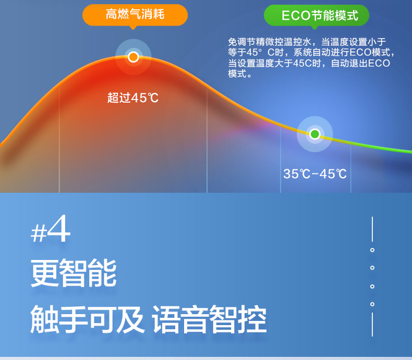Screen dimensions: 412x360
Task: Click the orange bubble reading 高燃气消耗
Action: [x=135, y=15]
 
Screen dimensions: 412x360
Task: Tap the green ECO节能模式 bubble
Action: [x=317, y=15]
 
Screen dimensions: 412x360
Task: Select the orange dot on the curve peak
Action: [x=133, y=57]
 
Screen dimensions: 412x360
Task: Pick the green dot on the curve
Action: [x=315, y=134]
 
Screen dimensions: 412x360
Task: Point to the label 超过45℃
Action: [x=133, y=98]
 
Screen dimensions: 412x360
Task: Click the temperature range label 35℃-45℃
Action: [x=315, y=173]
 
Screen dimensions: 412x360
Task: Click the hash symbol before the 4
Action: [x=39, y=233]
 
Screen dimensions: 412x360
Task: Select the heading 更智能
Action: [x=74, y=273]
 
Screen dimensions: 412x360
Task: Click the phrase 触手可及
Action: [x=87, y=319]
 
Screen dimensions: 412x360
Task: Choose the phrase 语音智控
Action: [x=210, y=319]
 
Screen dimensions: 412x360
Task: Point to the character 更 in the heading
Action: [x=45, y=273]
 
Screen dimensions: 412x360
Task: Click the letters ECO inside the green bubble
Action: [x=296, y=16]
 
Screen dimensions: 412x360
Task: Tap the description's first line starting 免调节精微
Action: [x=307, y=42]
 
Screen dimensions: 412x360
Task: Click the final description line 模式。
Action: [x=240, y=74]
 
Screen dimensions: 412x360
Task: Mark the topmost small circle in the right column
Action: [x=372, y=250]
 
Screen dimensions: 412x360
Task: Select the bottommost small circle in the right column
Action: [x=372, y=304]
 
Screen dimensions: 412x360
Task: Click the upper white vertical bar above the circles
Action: [x=372, y=229]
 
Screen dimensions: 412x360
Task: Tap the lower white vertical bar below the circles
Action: [x=372, y=325]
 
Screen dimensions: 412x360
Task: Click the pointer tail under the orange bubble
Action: [x=133, y=27]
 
